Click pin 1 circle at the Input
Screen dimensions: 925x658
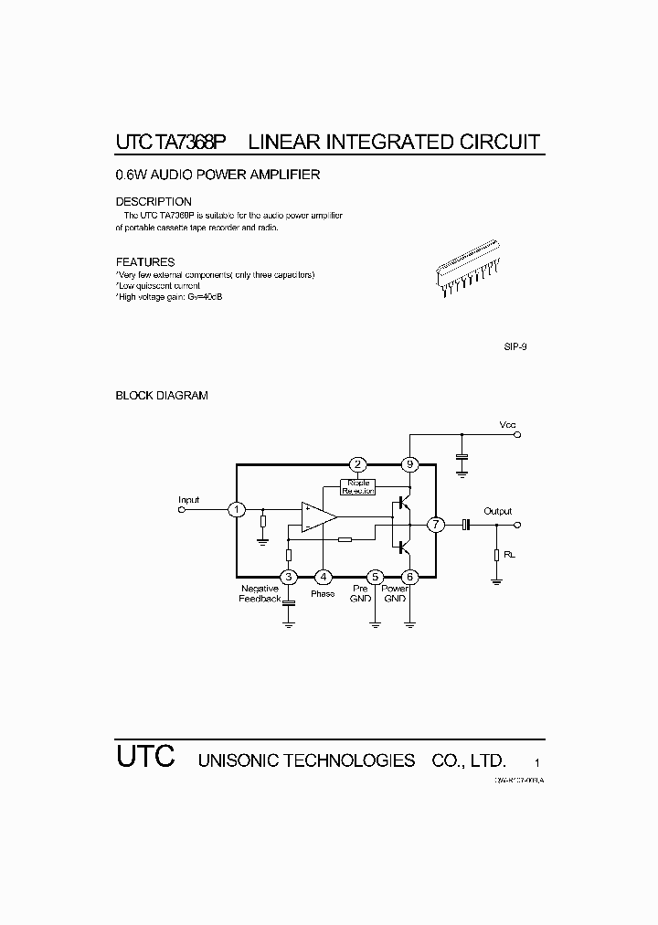click(x=237, y=509)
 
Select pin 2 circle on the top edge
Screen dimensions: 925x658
click(x=358, y=464)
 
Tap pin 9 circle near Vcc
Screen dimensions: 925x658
click(x=409, y=464)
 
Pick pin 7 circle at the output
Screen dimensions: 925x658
click(x=436, y=525)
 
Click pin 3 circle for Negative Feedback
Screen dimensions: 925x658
click(x=289, y=577)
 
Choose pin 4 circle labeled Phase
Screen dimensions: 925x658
click(x=323, y=577)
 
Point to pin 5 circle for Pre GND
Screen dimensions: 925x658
click(x=375, y=577)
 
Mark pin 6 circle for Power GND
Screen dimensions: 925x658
click(x=409, y=577)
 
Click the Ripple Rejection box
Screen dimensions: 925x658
click(x=358, y=486)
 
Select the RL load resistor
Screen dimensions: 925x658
click(x=496, y=555)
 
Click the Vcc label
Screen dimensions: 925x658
click(x=507, y=425)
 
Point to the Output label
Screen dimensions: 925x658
click(x=498, y=511)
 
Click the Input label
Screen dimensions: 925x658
click(x=189, y=500)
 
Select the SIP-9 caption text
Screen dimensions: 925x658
click(x=515, y=348)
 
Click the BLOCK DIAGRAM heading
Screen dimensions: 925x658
click(x=162, y=396)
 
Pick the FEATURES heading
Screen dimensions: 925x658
click(x=144, y=262)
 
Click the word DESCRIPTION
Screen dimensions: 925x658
click(x=154, y=201)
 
